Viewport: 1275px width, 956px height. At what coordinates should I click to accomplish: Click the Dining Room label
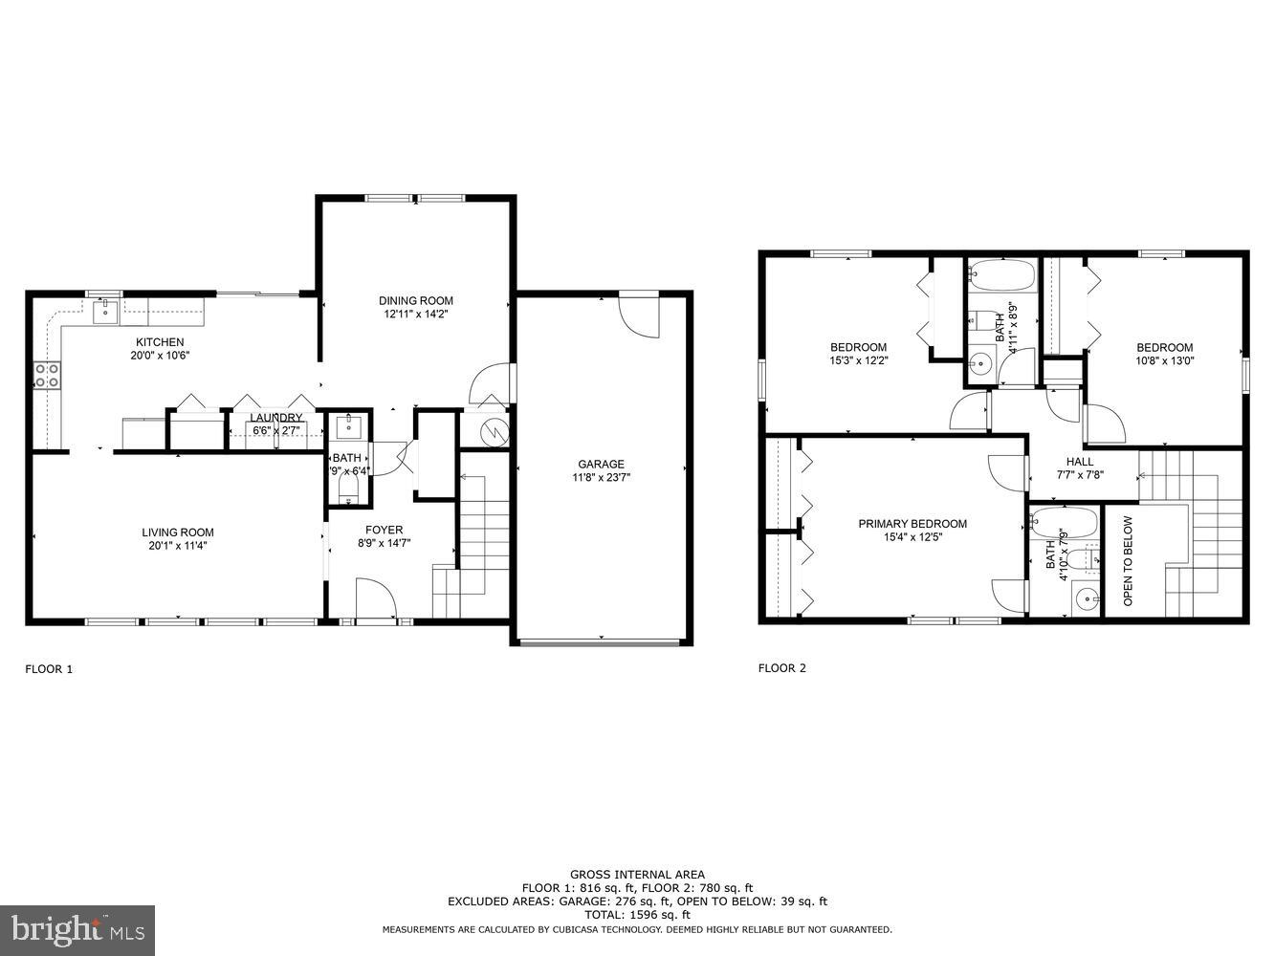(415, 300)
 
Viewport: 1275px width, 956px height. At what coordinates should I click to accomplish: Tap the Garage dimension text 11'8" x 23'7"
(601, 477)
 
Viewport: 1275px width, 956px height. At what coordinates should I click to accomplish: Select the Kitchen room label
(160, 342)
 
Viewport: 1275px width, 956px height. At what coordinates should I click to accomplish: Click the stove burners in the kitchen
(47, 375)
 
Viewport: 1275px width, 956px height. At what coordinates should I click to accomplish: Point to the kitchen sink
(104, 310)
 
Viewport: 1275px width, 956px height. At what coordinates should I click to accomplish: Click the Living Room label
(178, 532)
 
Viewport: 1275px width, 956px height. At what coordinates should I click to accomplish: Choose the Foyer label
(385, 530)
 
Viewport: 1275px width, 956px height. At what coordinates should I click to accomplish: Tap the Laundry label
(276, 418)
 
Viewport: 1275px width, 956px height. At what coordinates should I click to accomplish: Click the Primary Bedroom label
(912, 524)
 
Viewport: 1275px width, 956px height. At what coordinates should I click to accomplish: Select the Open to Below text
(1128, 561)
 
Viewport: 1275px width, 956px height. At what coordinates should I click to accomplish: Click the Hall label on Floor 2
(1080, 462)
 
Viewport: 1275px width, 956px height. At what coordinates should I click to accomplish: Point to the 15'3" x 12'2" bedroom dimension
(858, 360)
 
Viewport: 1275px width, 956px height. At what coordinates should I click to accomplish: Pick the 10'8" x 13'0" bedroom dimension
(1164, 360)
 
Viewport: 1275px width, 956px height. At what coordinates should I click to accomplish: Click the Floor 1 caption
(49, 669)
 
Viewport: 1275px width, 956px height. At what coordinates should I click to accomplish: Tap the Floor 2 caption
(782, 668)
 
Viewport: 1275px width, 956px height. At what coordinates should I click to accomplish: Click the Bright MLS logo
(78, 928)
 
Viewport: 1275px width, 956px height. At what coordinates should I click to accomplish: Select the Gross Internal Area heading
(637, 874)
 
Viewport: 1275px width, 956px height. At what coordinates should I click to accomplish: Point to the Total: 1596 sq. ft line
(637, 915)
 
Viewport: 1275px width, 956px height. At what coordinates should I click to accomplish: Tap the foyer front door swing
(376, 599)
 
